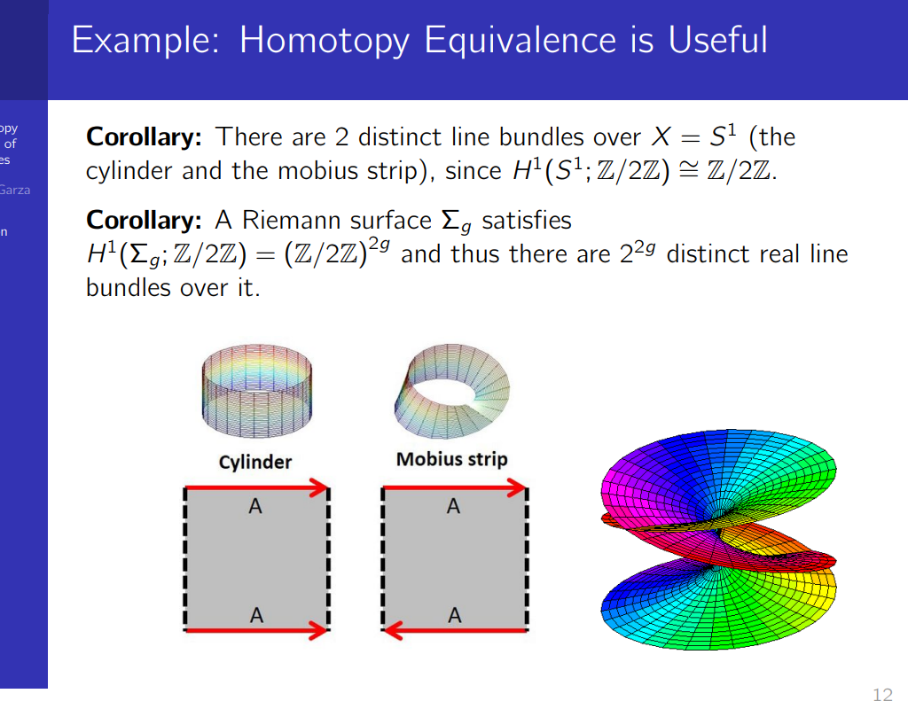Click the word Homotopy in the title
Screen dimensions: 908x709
(325, 41)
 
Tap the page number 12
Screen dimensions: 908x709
(882, 694)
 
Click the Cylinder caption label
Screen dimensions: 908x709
(255, 462)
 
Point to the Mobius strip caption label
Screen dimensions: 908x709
(451, 459)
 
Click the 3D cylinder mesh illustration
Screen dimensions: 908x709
(257, 391)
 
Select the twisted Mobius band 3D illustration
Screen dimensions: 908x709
(452, 390)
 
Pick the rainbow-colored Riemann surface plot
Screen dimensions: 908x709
(718, 540)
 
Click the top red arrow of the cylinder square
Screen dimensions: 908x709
(257, 487)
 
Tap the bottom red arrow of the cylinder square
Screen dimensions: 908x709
(257, 630)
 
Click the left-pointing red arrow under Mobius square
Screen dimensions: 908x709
(455, 630)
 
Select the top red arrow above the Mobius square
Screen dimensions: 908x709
(455, 487)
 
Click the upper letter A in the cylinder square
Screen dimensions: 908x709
(255, 506)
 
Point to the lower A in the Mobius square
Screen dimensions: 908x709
(455, 615)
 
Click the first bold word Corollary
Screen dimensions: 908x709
(144, 137)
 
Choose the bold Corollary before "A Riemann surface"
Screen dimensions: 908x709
(144, 221)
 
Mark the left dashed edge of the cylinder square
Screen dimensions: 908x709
(185, 558)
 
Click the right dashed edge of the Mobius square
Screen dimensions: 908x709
(527, 558)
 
